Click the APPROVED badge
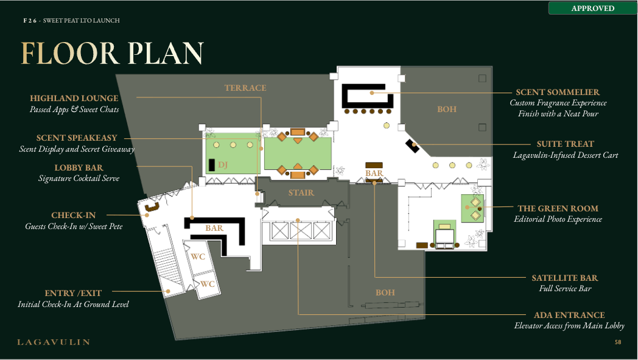(592, 8)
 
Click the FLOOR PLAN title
(112, 54)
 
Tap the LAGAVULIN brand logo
(54, 342)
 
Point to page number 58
(618, 342)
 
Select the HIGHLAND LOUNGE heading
(74, 98)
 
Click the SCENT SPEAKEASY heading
(77, 138)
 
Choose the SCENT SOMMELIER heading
(558, 92)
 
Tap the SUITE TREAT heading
(565, 144)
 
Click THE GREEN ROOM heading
(558, 208)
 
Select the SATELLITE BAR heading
(565, 278)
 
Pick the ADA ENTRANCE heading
(569, 315)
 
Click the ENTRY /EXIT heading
(73, 293)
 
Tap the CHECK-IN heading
(74, 215)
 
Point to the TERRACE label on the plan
(245, 88)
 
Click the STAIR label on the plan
(301, 192)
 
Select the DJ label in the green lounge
(223, 164)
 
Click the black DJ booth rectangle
(212, 165)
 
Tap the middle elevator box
(301, 231)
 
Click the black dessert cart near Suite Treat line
(412, 146)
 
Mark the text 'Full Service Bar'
(565, 289)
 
